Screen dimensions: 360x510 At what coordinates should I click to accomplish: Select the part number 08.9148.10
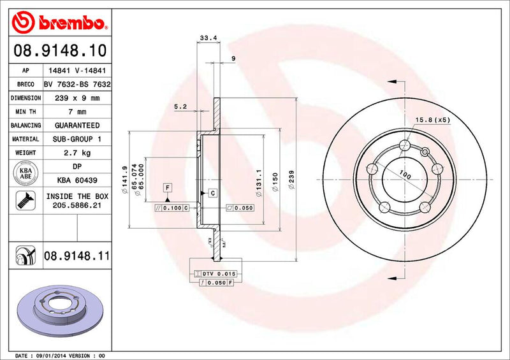(x=57, y=50)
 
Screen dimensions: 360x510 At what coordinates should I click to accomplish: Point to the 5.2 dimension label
(x=180, y=107)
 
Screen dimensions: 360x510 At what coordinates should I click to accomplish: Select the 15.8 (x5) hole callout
(x=433, y=119)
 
